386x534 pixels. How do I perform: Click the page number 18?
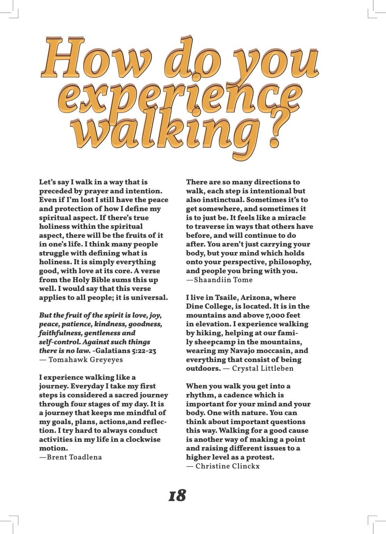pyautogui.click(x=177, y=496)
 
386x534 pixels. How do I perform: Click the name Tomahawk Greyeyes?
pyautogui.click(x=86, y=359)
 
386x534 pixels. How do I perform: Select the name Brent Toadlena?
pyautogui.click(x=74, y=457)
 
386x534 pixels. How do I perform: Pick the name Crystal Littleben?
pyautogui.click(x=263, y=368)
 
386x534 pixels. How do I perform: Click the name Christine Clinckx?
pyautogui.click(x=228, y=466)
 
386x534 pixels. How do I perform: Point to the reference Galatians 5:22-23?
pyautogui.click(x=127, y=351)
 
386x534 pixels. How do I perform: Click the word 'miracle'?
pyautogui.click(x=289, y=218)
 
